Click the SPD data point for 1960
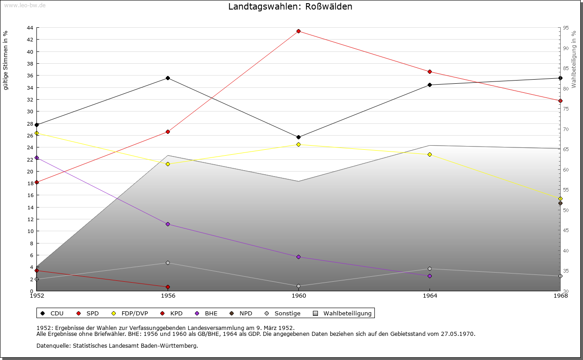(299, 31)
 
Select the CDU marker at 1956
(168, 78)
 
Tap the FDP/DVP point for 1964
(430, 155)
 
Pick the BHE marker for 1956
(168, 224)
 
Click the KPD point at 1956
(168, 287)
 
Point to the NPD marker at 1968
(560, 203)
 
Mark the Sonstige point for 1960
(299, 286)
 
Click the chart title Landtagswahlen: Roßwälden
(290, 7)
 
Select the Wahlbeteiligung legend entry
(347, 313)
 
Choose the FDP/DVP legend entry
(134, 313)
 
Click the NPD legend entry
(245, 313)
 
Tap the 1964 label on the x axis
(430, 296)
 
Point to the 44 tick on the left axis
(30, 28)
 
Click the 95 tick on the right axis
(565, 28)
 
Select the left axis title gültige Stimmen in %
(6, 61)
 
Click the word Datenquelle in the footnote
(51, 345)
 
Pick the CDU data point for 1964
(430, 85)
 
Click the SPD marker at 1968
(560, 101)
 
